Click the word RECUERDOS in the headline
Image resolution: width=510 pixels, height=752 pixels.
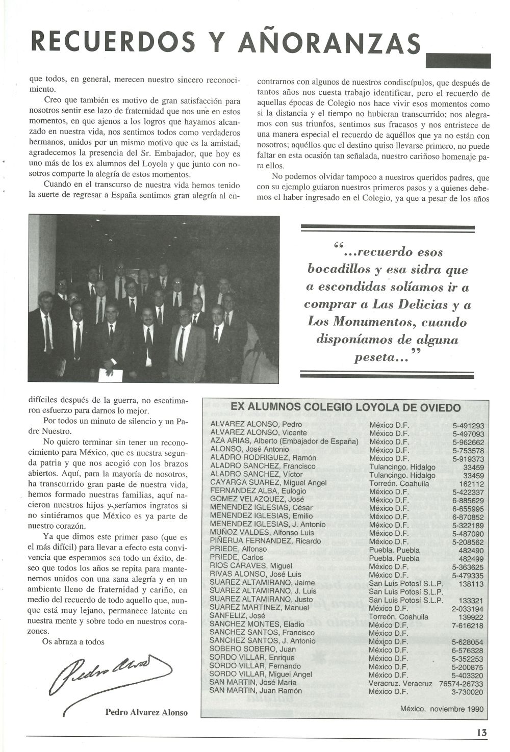(x=113, y=42)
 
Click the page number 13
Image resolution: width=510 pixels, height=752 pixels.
(x=481, y=732)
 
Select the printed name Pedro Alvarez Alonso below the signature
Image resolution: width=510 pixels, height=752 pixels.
(x=146, y=712)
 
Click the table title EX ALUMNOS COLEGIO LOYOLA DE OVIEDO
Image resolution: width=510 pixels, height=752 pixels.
(x=346, y=407)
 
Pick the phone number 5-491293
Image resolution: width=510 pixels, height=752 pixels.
(x=468, y=425)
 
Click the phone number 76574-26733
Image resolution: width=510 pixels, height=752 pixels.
(x=458, y=683)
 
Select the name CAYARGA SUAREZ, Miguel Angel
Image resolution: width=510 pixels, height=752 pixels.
(x=263, y=483)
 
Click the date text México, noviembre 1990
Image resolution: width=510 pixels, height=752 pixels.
(x=442, y=709)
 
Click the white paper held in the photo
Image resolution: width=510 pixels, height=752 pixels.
(x=110, y=375)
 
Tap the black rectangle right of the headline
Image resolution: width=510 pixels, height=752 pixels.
(x=457, y=61)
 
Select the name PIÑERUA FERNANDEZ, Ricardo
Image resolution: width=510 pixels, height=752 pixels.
(x=265, y=541)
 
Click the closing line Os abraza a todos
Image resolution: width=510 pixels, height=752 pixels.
(x=73, y=641)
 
